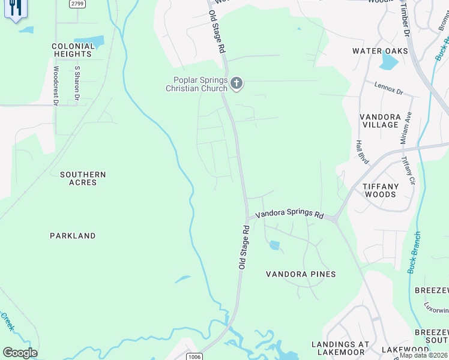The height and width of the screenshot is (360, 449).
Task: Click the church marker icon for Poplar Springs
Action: click(x=237, y=83)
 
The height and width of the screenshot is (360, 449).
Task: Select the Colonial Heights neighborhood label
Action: click(x=73, y=50)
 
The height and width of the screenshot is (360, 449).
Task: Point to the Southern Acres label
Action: click(x=83, y=178)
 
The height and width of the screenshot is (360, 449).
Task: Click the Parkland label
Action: click(x=73, y=236)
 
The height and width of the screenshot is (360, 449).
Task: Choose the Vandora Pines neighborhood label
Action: click(x=301, y=274)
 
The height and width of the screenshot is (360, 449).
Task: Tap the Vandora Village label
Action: click(x=379, y=121)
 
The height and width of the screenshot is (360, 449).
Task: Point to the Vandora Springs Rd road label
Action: click(x=289, y=214)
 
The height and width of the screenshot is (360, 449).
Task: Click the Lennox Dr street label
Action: click(x=390, y=88)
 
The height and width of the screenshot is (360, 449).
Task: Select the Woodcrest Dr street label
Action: click(x=55, y=86)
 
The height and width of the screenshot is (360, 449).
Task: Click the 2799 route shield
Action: click(x=76, y=4)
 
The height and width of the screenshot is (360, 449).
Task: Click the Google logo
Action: click(x=20, y=352)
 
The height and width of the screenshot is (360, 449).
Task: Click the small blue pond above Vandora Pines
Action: click(x=274, y=245)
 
